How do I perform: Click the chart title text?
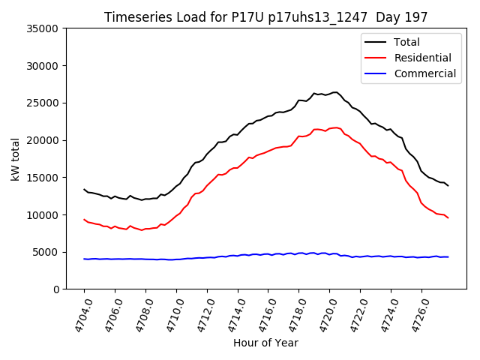coord(265,17)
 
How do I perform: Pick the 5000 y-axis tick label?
coord(46,252)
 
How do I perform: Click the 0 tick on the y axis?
coord(55,289)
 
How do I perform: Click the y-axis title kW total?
coord(16,159)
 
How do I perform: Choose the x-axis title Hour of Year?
coord(265,343)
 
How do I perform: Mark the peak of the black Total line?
coord(334,92)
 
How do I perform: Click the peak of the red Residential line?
coord(334,127)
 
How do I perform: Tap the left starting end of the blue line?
coord(84,259)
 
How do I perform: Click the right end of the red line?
coord(448,217)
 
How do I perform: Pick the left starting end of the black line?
coord(84,189)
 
